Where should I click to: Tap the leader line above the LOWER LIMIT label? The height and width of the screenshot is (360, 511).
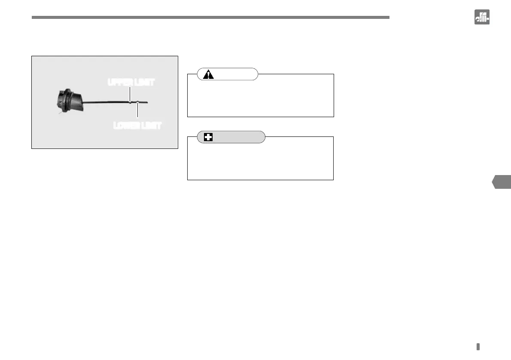tap(137, 111)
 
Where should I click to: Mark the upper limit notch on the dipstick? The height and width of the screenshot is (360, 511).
tap(130, 102)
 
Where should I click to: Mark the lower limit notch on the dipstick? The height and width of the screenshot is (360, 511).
tap(137, 102)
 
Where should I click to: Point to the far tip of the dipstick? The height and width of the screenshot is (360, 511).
tap(147, 102)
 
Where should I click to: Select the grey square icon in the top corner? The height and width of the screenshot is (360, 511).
tap(482, 17)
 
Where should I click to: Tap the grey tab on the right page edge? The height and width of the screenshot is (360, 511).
tap(502, 182)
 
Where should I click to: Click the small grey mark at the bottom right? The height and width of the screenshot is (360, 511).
tap(478, 347)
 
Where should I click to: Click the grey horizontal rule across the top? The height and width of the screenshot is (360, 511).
tap(210, 18)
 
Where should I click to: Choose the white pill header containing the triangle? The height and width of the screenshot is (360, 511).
tap(228, 74)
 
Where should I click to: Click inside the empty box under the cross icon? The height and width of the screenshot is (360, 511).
tap(260, 160)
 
